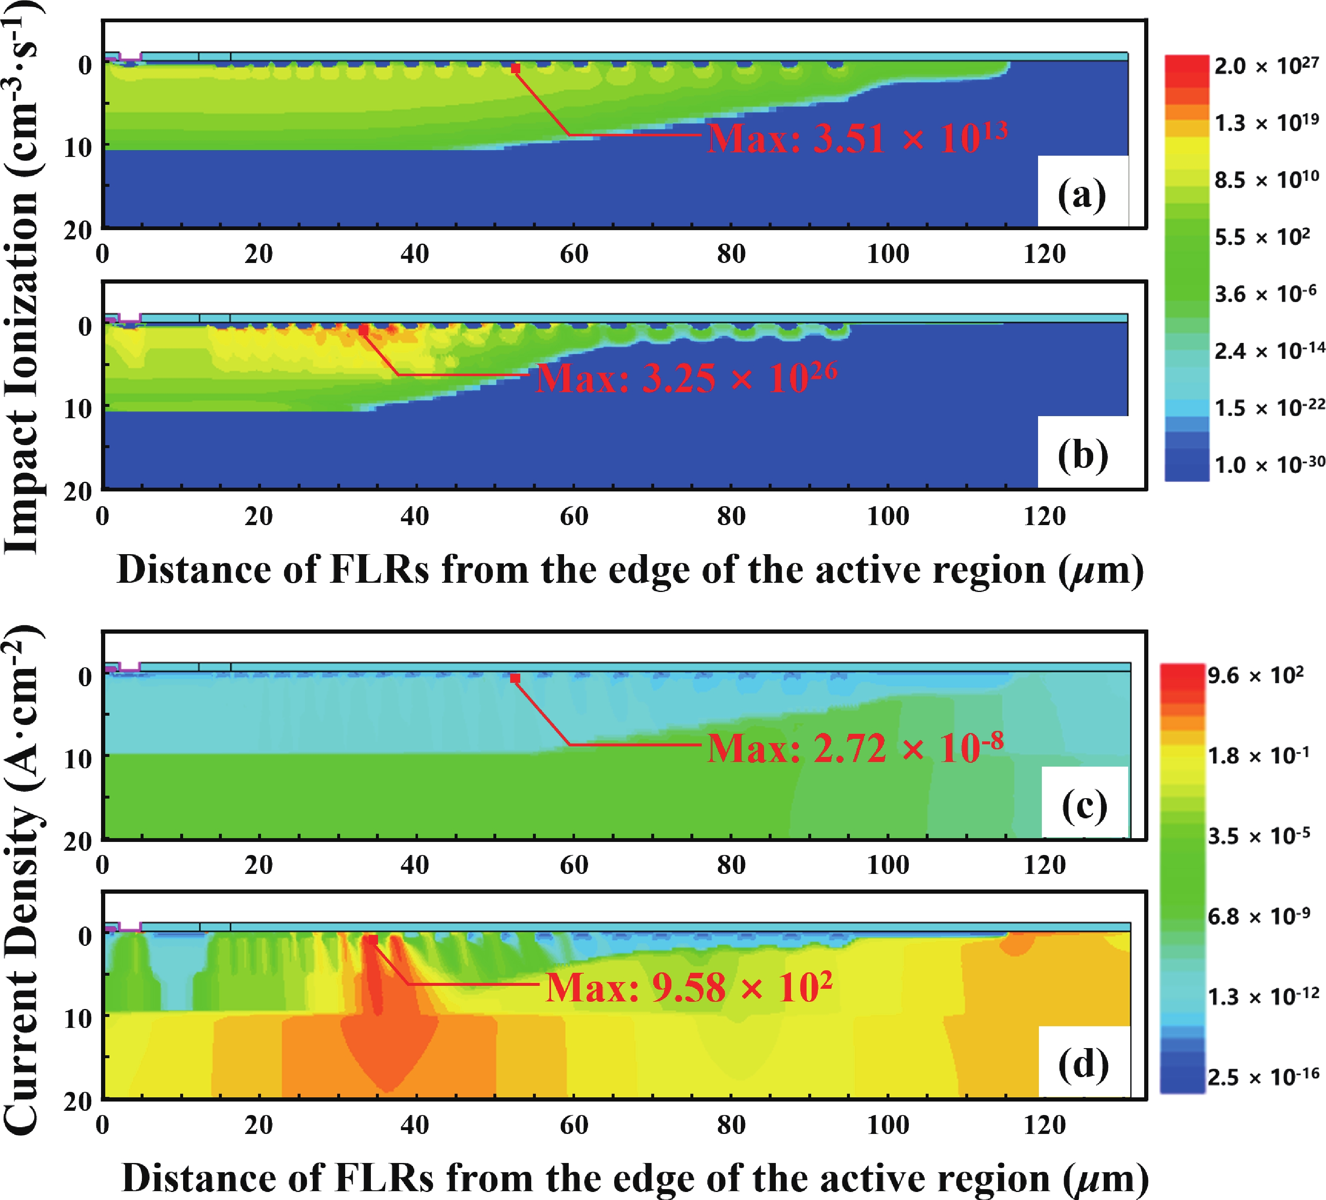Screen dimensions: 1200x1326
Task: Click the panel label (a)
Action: (x=1082, y=195)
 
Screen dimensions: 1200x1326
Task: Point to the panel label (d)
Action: (x=1083, y=1065)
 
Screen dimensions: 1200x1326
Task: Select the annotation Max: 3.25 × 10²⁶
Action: (x=687, y=378)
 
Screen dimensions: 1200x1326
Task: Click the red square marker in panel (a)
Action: (x=516, y=69)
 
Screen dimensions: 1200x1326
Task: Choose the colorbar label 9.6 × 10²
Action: (x=1255, y=675)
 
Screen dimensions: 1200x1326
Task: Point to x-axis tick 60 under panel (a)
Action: (x=573, y=254)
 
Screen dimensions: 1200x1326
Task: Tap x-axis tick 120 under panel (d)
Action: (x=1044, y=1124)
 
